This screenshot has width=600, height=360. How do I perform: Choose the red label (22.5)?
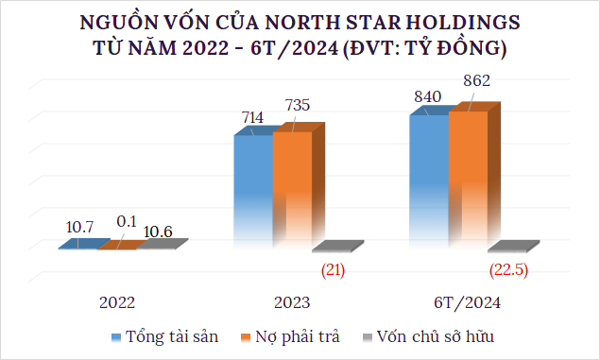pos(511,271)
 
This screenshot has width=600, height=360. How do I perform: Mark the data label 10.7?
pos(80,228)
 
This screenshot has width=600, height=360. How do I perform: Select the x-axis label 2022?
pos(117,303)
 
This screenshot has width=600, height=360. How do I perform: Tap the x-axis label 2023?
pos(293,303)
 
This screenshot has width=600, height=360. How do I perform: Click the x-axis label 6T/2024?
pos(468,303)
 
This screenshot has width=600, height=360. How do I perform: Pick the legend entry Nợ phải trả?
pos(298,336)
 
